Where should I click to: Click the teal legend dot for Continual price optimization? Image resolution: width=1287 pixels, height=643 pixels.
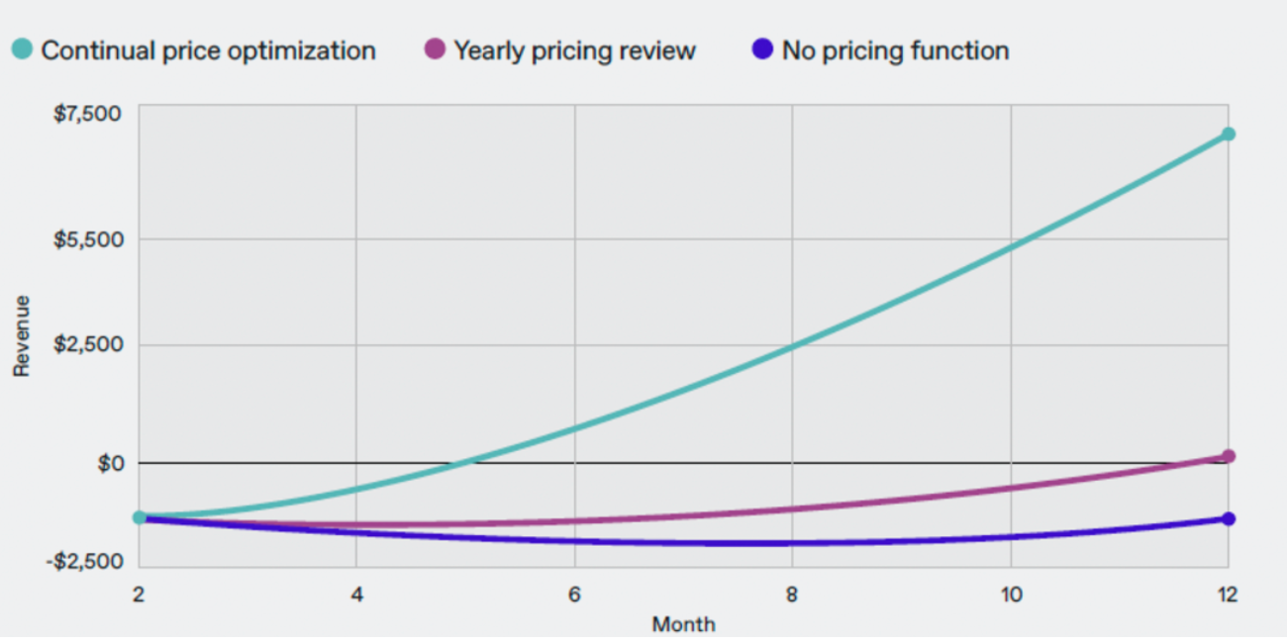22,49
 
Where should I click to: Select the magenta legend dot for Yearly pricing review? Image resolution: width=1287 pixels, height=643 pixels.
435,49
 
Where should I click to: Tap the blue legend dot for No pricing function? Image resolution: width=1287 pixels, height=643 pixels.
762,49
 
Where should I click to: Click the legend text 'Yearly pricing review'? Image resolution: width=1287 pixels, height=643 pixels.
574,50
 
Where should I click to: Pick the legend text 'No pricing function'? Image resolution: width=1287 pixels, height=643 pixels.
895,50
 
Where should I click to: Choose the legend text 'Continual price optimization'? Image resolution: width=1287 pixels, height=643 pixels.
208,50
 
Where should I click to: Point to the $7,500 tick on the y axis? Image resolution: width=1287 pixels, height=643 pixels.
87,114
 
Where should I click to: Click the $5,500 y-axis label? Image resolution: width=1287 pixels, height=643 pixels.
87,239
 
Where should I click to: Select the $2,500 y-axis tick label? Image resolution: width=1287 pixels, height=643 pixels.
87,345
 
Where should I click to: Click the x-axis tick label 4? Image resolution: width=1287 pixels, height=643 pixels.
356,595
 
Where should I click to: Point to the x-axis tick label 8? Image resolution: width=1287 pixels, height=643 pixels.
792,595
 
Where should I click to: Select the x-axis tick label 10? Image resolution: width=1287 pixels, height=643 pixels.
1010,595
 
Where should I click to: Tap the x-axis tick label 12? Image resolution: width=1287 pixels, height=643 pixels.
1228,595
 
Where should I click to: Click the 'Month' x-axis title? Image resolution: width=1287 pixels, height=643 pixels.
683,624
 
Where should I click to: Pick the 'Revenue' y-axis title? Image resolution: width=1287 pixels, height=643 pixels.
22,336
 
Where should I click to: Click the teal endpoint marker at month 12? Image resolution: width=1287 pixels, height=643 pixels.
1228,134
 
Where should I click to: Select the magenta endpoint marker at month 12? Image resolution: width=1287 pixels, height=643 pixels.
1228,456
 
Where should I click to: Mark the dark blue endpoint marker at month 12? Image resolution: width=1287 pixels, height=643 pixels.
1228,518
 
